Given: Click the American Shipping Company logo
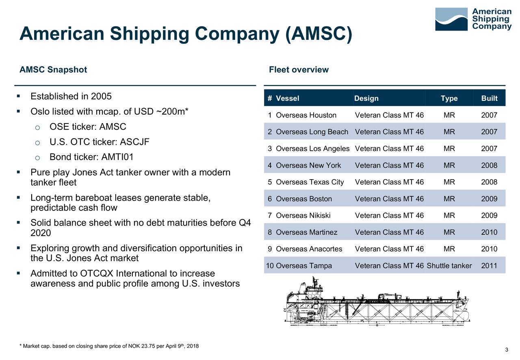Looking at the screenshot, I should click(x=473, y=19).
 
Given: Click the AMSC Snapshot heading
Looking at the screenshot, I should click(x=53, y=69).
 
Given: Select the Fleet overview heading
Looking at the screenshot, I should click(x=299, y=69).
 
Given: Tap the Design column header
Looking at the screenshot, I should click(x=366, y=98).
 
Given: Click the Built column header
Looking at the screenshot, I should click(x=489, y=98).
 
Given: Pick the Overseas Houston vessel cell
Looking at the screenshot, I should click(x=306, y=115).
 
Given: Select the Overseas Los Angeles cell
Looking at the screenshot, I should click(x=312, y=148).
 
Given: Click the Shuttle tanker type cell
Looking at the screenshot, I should click(x=449, y=266).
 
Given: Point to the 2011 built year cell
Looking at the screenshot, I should click(x=489, y=266).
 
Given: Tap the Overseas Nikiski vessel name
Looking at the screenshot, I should click(x=303, y=215).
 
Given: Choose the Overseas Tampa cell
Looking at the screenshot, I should click(x=304, y=266).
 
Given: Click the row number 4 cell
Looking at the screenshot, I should click(x=270, y=165).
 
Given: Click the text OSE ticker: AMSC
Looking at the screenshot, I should click(x=88, y=127).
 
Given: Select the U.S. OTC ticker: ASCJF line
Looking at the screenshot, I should click(x=100, y=142).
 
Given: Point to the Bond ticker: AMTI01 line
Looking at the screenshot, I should click(x=91, y=157).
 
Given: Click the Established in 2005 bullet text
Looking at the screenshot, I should click(x=71, y=97).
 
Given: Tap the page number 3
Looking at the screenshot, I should click(x=507, y=350).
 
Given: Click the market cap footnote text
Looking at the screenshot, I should click(x=109, y=346).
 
